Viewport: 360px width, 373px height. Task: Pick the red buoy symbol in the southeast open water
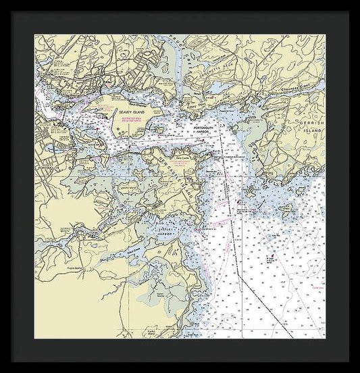pos(269,257)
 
